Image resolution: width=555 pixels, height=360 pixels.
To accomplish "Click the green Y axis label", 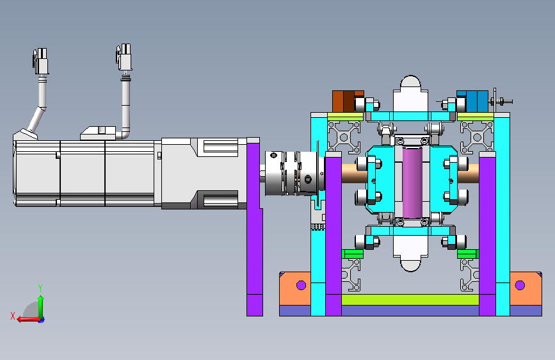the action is tap(40, 288).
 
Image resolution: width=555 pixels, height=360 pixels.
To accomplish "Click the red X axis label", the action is tap(13, 316).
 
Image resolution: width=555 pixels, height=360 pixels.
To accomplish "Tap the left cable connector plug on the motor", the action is tap(41, 61).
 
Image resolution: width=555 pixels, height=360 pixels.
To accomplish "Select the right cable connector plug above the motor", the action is tap(124, 57).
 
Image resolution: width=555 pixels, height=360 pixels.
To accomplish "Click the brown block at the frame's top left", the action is tap(348, 101).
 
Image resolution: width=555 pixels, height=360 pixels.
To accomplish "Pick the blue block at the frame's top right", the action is tap(472, 101).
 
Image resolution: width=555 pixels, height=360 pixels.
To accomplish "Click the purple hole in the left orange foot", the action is tap(302, 285).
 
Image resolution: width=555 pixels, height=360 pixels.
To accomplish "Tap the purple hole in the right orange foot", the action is tap(520, 285).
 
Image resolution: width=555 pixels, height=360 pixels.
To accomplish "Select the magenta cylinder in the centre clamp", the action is tap(412, 183).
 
